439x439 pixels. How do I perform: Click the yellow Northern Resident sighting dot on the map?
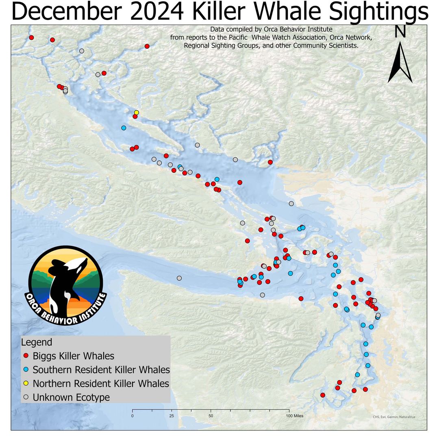[137, 112]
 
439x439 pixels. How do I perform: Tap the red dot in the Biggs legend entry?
[26, 356]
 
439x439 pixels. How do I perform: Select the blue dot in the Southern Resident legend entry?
[26, 369]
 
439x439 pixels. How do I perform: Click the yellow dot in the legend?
[26, 383]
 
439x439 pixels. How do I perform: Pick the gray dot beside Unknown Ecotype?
[26, 397]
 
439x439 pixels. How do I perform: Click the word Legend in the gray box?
[37, 342]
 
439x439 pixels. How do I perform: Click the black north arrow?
[400, 63]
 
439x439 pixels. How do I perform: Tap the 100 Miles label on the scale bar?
[294, 416]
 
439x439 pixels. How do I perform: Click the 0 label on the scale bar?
[133, 416]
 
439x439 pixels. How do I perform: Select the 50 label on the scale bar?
[211, 416]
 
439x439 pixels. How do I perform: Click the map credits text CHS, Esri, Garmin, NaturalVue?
[394, 417]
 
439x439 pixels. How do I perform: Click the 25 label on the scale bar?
[172, 416]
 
